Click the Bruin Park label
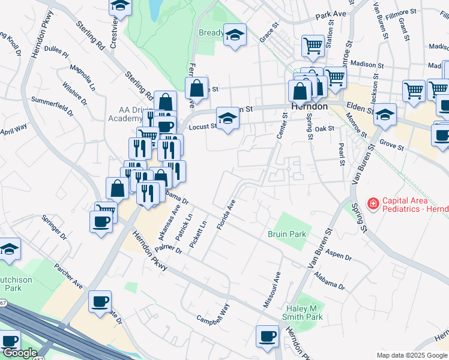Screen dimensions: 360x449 (287, 234)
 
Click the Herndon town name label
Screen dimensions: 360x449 (309, 106)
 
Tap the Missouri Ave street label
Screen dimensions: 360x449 (272, 290)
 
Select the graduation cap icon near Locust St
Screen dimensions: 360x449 (228, 119)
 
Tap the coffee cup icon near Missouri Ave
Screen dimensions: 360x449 (267, 336)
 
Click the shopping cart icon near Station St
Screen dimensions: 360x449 (313, 45)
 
